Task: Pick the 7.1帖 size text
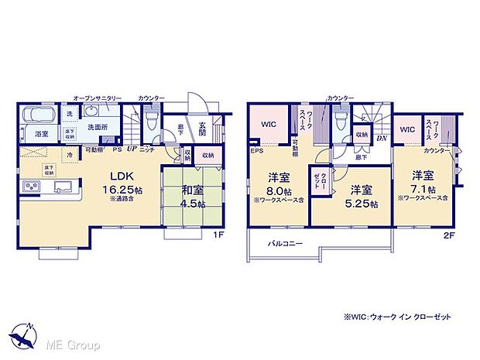[x=422, y=189]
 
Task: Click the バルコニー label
[x=286, y=244]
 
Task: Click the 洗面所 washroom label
[x=96, y=126]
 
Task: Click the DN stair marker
[x=381, y=139]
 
